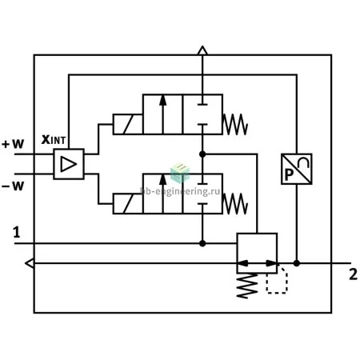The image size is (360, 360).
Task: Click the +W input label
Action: pyautogui.click(x=13, y=144)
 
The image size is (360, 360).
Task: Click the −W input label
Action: pyautogui.click(x=13, y=186)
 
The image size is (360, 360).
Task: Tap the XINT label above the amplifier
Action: pyautogui.click(x=54, y=139)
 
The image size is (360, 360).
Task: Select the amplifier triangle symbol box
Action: pyautogui.click(x=69, y=164)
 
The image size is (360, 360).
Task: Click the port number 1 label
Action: pyautogui.click(x=17, y=232)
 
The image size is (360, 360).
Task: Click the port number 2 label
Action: pyautogui.click(x=353, y=274)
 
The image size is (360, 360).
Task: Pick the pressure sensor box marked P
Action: pyautogui.click(x=297, y=169)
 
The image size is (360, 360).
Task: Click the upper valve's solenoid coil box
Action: pyautogui.click(x=128, y=124)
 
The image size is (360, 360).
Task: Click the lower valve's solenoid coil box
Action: pyautogui.click(x=128, y=204)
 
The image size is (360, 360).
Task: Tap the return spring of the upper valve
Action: pyautogui.click(x=235, y=124)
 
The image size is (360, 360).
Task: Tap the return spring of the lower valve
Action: pyautogui.click(x=235, y=204)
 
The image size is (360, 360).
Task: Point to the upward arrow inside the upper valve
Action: pyautogui.click(x=162, y=114)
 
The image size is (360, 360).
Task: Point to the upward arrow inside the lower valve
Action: pyautogui.click(x=162, y=194)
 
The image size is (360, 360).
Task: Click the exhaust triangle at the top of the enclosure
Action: pyautogui.click(x=202, y=50)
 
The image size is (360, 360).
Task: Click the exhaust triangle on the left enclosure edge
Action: pyautogui.click(x=30, y=263)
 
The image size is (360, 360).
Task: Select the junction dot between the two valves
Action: pyautogui.click(x=202, y=154)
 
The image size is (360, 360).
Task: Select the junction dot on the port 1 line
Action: pyautogui.click(x=202, y=243)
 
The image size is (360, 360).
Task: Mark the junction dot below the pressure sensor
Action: pyautogui.click(x=297, y=263)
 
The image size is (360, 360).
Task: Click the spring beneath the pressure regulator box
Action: pyautogui.click(x=247, y=286)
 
